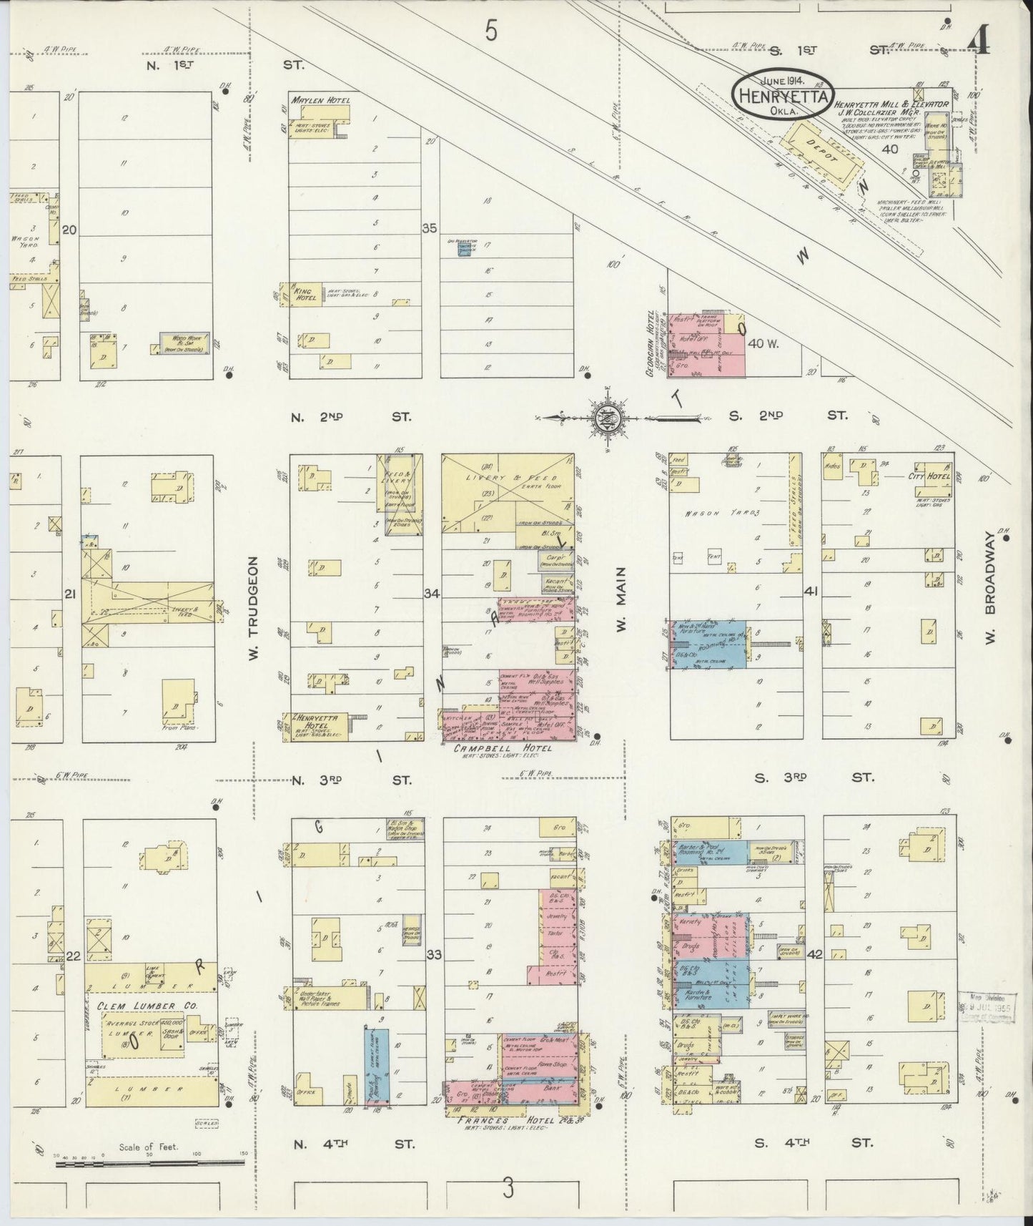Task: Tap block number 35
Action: click(429, 229)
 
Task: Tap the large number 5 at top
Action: click(490, 31)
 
